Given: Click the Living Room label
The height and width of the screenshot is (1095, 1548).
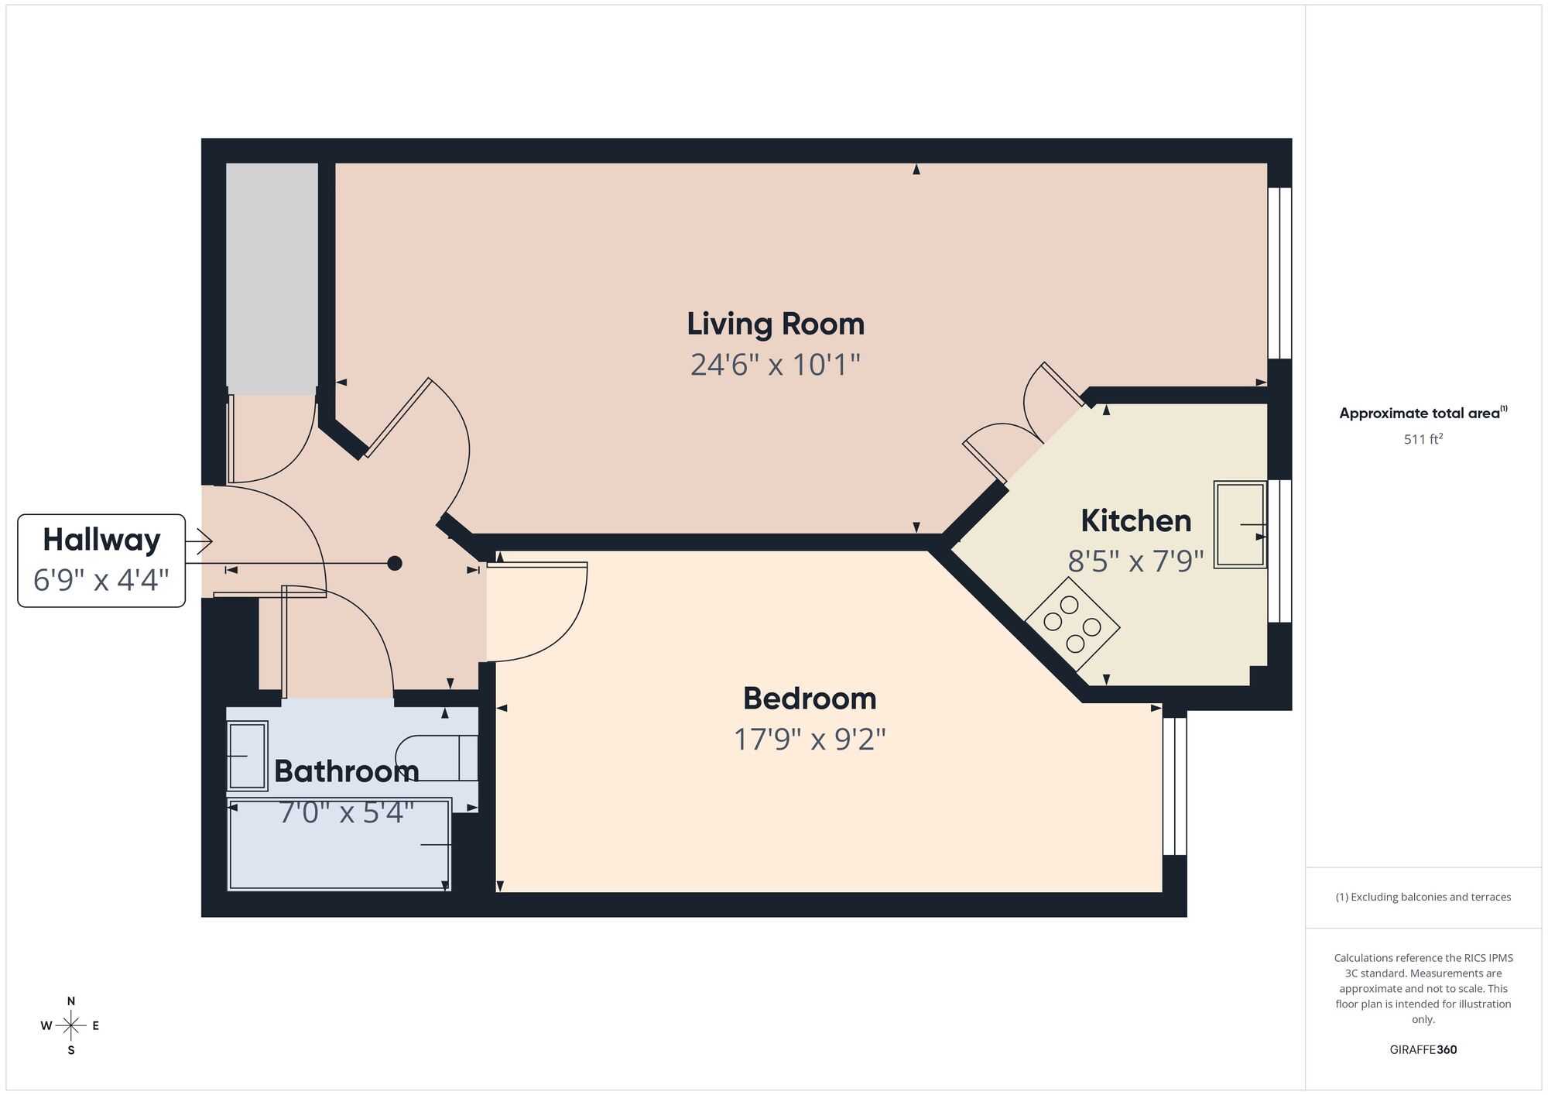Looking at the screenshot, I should point(775,324).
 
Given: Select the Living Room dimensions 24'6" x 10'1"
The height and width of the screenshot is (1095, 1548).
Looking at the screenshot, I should point(775,364).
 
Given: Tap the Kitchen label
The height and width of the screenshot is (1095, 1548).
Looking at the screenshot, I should point(1135,520).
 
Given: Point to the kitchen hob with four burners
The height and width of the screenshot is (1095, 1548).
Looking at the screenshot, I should point(1072,624).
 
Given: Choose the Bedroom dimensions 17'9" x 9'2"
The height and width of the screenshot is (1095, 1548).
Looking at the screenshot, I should point(809,739).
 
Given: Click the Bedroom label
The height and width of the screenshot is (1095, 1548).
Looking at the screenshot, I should point(809,699).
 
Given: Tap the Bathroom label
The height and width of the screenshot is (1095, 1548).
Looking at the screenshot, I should point(346,771).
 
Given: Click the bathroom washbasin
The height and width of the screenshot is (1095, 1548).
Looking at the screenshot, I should point(247,755).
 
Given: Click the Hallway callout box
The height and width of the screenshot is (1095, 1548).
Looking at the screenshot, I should point(101,560).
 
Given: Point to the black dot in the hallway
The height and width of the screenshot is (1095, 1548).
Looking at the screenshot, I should point(395,563).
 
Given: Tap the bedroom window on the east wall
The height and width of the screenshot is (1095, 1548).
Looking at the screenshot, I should point(1174,785).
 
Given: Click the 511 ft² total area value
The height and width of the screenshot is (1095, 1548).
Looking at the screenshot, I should point(1423,439).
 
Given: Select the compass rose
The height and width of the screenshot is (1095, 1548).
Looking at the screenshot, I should point(70,1026).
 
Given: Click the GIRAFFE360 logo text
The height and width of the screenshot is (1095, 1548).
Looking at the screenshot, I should point(1423,1050).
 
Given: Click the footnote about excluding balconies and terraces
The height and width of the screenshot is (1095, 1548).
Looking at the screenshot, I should point(1423,897).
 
